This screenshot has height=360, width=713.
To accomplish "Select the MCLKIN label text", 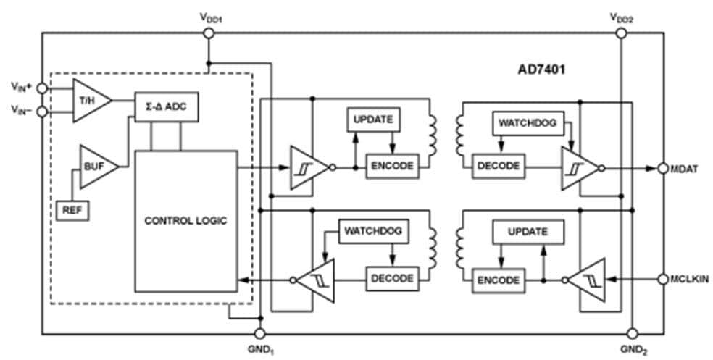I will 689,278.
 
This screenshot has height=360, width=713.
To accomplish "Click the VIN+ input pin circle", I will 42,88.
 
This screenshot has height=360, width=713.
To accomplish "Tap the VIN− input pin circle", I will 42,112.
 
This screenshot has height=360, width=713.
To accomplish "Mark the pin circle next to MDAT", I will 662,168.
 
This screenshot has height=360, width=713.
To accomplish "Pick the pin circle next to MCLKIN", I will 662,278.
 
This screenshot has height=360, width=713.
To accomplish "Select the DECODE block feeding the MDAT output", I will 499,165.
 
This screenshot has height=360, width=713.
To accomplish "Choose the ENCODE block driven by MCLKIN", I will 499,279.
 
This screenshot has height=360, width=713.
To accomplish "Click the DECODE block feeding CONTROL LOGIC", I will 392,278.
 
